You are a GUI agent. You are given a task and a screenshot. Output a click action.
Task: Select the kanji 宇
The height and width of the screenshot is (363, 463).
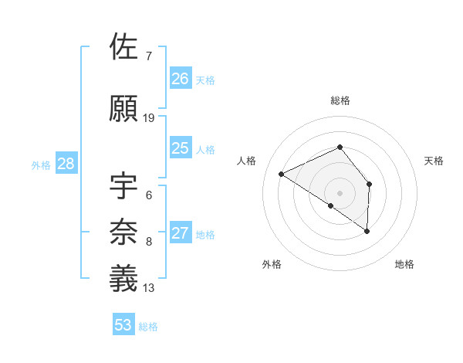tap(125, 187)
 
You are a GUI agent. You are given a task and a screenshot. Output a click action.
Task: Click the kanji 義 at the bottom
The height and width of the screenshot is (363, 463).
tap(125, 279)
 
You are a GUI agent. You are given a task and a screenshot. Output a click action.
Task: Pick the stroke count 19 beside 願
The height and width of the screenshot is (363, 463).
tap(149, 117)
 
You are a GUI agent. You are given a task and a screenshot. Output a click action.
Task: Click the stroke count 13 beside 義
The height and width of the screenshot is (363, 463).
tap(149, 288)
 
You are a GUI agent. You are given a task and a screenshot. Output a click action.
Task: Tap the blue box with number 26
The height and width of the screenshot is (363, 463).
tap(181, 79)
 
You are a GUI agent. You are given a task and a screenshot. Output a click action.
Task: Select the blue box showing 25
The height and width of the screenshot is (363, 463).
tap(181, 148)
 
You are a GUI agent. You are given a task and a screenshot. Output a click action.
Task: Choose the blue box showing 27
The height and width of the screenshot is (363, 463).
tap(181, 234)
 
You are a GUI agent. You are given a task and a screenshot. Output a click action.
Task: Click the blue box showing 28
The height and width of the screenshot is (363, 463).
tap(66, 164)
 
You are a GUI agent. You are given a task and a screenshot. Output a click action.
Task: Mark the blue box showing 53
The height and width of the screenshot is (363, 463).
tap(123, 325)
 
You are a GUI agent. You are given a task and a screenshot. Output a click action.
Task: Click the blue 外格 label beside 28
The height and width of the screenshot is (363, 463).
tap(41, 165)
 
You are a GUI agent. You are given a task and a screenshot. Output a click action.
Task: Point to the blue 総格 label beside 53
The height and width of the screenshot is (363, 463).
tap(148, 327)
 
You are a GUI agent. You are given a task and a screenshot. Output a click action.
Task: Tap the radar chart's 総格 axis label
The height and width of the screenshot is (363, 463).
tap(340, 100)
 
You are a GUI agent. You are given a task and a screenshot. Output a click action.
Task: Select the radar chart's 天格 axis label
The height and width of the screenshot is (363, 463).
tap(434, 161)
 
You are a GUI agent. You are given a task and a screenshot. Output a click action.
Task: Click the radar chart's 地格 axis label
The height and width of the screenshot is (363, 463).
tap(404, 264)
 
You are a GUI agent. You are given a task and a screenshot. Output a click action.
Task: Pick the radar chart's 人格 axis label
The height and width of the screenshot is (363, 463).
tap(246, 161)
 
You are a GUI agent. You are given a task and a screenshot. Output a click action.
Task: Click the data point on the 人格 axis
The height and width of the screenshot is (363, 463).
tap(282, 174)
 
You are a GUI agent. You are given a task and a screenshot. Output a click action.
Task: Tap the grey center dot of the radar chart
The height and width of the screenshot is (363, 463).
tap(340, 192)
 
